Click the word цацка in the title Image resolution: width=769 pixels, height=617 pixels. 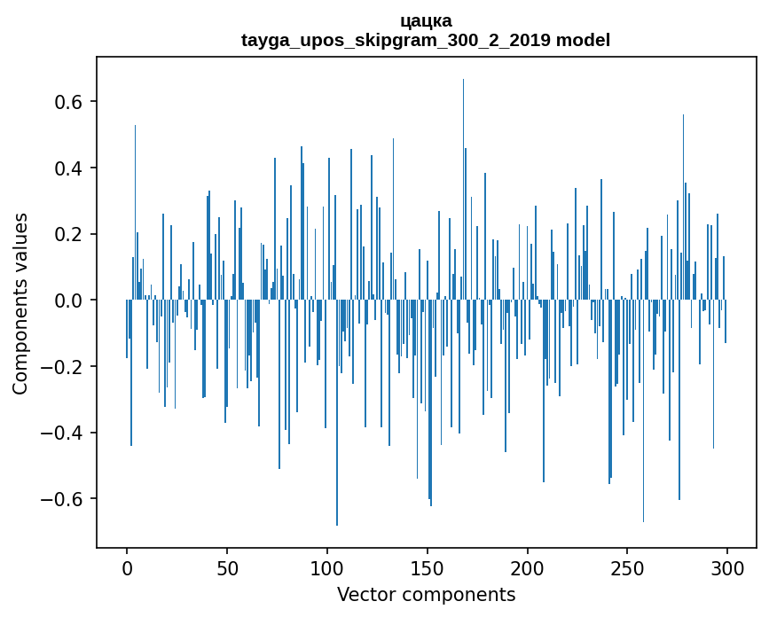coord(426,20)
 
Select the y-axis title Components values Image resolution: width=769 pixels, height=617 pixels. coord(20,303)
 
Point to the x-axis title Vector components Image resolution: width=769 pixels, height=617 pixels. coord(426,594)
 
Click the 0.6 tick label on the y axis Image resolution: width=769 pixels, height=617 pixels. coord(68,102)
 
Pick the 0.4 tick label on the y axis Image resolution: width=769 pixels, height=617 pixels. coord(68,168)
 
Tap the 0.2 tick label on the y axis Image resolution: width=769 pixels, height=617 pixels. coord(68,234)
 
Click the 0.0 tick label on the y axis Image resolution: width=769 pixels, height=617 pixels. coord(68,301)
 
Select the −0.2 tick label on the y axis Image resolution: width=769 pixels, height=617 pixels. coord(62,367)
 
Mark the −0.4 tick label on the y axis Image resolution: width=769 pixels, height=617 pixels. coord(62,433)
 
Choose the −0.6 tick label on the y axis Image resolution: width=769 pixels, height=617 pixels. coord(62,499)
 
